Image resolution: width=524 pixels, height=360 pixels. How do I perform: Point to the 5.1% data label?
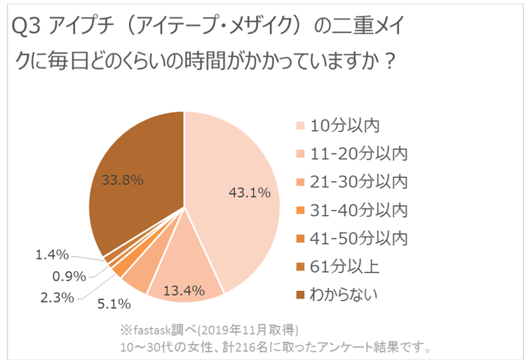click(x=115, y=304)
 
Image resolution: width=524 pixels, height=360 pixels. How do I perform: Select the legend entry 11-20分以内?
click(x=360, y=153)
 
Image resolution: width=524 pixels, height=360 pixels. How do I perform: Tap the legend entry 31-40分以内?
click(x=360, y=209)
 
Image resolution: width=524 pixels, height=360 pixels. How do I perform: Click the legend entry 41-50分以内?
click(x=360, y=237)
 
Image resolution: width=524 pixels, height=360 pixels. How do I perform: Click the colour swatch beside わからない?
click(x=301, y=294)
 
